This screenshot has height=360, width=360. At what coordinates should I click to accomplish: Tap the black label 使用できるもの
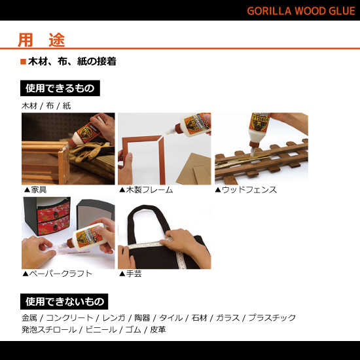pyautogui.click(x=60, y=88)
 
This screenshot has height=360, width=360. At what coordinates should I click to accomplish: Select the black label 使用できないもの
pyautogui.click(x=65, y=302)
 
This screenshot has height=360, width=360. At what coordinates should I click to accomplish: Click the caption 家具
pyautogui.click(x=38, y=190)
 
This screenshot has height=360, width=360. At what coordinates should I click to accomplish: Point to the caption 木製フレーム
pyautogui.click(x=149, y=190)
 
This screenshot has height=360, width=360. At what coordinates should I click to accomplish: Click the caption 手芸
pyautogui.click(x=133, y=274)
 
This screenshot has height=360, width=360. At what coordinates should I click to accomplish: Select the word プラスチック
pyautogui.click(x=272, y=318)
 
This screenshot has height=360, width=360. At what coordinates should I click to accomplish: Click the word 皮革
pyautogui.click(x=158, y=330)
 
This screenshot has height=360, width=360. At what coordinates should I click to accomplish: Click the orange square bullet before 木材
pyautogui.click(x=23, y=62)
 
